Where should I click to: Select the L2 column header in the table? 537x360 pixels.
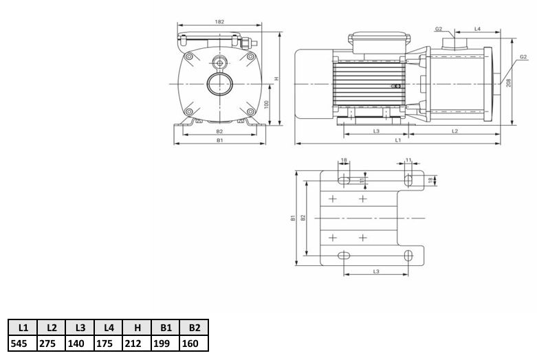tap(52, 328)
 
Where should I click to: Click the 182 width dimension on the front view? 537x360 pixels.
tap(219, 23)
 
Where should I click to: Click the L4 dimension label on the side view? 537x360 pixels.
tap(477, 28)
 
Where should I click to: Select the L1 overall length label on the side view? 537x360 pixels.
tap(398, 140)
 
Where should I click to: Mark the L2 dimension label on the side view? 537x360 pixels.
tap(454, 130)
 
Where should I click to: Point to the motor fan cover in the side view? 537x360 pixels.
tap(314, 84)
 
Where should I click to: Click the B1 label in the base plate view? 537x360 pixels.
tap(293, 218)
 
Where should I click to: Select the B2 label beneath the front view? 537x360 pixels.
tap(219, 130)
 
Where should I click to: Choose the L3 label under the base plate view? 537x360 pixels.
tap(376, 271)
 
